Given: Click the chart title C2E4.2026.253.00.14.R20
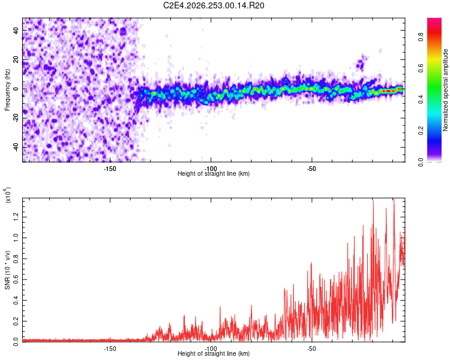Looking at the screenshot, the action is [214, 5].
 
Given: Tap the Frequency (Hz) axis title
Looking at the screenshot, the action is [7, 90].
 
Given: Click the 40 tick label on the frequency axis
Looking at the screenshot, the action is [16, 31].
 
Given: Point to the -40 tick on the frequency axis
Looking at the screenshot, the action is [16, 148].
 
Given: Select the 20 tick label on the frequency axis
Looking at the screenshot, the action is [16, 60].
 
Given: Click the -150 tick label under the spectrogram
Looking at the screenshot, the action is [110, 169].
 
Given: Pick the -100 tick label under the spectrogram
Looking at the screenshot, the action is [211, 169].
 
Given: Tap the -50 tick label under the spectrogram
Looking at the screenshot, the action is [311, 169].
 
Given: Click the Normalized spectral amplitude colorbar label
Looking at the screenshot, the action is [445, 90].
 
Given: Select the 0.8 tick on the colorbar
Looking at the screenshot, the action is [421, 37].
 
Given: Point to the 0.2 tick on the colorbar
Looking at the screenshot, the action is [421, 131].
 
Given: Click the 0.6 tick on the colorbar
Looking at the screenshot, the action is [421, 68].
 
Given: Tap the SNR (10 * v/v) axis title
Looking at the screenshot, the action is [7, 270].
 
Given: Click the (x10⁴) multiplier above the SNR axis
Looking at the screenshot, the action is [8, 195].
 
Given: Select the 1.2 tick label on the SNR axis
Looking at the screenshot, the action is [16, 217].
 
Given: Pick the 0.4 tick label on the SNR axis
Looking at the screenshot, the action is [16, 301].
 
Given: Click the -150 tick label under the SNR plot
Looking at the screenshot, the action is [110, 349].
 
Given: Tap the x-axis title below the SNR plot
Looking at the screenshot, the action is [214, 353].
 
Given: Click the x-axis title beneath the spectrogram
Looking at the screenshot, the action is [214, 173].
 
